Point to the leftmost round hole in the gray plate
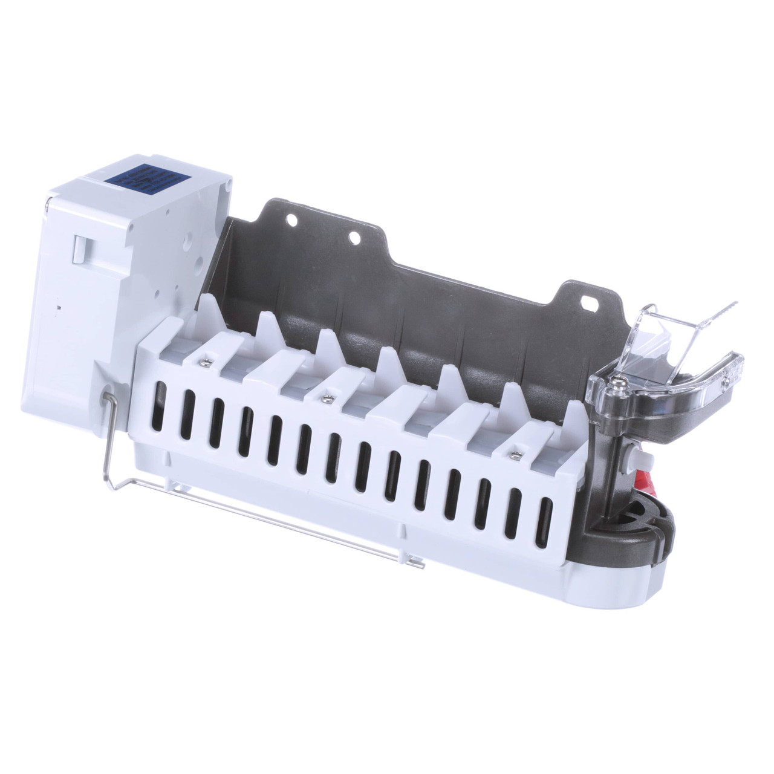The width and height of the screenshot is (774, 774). click(293, 221)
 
